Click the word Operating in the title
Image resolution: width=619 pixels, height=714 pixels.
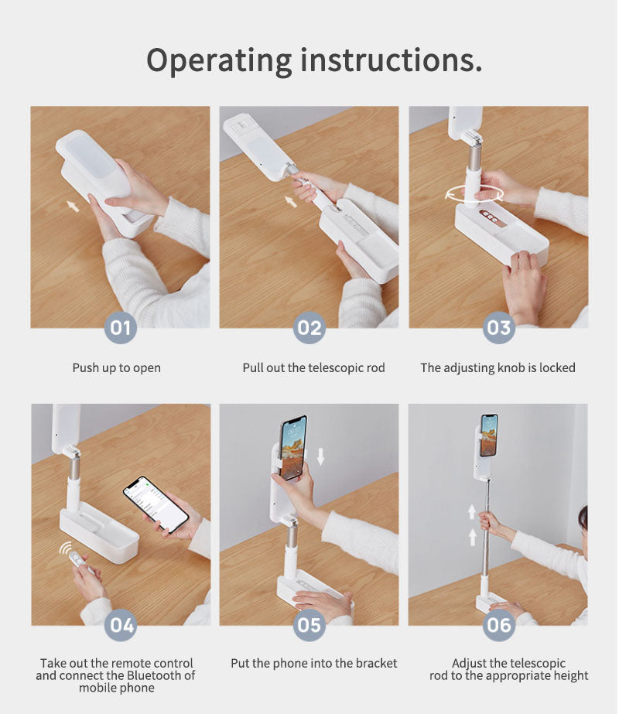pos(218,61)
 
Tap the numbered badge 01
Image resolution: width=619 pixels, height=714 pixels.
pos(121,327)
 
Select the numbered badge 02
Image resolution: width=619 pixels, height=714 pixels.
pos(309,327)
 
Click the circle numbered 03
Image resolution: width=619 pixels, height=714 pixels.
pos(498,327)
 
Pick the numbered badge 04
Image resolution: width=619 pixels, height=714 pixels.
pos(121,624)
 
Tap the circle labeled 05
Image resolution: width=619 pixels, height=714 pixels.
pos(309,624)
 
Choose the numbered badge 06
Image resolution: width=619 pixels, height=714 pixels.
pos(498,624)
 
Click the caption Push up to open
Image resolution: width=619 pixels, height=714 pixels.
pos(117,367)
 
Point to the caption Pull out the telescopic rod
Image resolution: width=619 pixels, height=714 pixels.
pos(313,367)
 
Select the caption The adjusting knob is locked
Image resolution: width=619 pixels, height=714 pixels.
pos(498,367)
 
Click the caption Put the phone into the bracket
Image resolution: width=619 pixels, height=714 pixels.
pos(313,663)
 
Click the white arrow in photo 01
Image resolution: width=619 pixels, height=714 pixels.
pos(72,206)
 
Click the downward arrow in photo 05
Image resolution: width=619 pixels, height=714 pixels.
pos(320,456)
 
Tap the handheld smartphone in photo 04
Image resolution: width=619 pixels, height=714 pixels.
pos(156,504)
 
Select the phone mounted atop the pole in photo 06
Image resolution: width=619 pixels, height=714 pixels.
pos(488,435)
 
